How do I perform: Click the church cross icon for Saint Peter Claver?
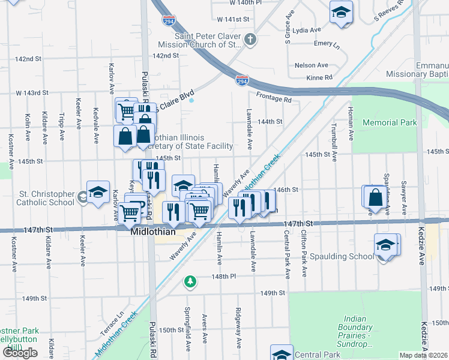251,40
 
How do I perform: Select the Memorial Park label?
390,122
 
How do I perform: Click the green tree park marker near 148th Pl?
190,280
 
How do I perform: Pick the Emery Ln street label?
327,44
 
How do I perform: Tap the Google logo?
20,353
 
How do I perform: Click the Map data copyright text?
424,355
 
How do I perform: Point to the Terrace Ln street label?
112,322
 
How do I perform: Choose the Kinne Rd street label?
319,77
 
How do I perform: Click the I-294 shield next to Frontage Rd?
241,80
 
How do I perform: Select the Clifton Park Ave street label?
304,253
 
